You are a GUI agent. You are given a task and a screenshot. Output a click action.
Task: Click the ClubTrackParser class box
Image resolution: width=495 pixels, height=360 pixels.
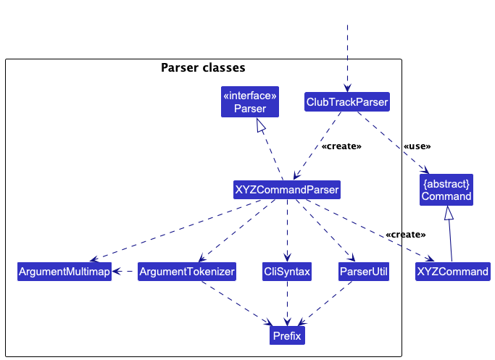[x=347, y=102]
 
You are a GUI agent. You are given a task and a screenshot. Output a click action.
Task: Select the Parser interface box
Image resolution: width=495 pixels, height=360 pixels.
[x=249, y=102]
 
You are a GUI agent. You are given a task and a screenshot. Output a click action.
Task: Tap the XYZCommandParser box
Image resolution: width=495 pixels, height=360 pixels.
[x=287, y=190]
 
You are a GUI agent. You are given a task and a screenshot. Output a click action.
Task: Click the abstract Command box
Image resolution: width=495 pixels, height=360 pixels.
[x=446, y=190]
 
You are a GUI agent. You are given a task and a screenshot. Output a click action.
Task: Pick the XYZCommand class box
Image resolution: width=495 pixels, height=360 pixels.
[x=452, y=272]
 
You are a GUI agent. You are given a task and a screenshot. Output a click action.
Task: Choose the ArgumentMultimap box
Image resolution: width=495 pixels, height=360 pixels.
[x=65, y=272]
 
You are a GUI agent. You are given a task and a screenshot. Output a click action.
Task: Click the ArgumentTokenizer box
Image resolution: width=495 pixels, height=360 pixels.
[x=186, y=272]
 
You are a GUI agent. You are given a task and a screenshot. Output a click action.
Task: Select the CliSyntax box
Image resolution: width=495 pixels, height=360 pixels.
[x=287, y=272]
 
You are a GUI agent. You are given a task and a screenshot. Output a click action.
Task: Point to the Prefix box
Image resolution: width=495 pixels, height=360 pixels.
[x=286, y=335]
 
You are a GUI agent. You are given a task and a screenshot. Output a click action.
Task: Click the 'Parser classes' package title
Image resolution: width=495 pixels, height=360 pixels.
[x=203, y=68]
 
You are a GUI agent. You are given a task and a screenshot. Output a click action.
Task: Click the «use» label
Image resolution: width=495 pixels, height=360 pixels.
[x=417, y=146]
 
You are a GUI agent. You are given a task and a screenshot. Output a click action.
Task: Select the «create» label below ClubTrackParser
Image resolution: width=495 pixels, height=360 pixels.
[x=341, y=146]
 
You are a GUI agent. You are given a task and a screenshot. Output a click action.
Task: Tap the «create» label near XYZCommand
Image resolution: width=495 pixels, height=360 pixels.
[x=405, y=235]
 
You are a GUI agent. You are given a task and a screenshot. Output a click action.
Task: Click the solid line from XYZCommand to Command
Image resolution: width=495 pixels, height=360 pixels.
[x=450, y=243]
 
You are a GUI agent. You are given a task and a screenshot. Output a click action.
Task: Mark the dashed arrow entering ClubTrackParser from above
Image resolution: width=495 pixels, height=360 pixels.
[x=347, y=58]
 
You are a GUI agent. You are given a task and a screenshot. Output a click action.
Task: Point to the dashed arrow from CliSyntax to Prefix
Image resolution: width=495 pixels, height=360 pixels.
[x=287, y=304]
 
